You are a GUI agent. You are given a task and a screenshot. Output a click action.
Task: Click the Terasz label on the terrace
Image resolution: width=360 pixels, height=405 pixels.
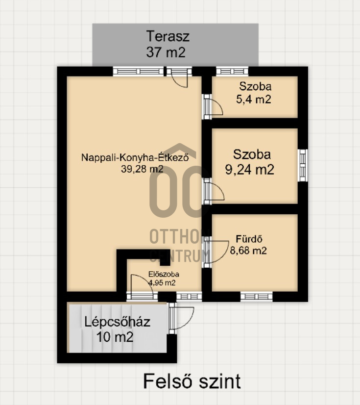(x=168, y=36)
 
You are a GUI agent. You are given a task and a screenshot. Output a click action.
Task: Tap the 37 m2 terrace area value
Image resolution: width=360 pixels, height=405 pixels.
(x=166, y=52)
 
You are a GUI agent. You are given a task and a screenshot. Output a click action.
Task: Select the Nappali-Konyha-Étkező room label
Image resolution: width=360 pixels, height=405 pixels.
(x=135, y=157)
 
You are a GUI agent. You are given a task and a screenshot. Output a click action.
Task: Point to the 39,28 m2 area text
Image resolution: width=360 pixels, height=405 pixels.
(x=142, y=169)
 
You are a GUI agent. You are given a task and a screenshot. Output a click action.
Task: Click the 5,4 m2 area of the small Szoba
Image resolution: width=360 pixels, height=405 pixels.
(x=254, y=100)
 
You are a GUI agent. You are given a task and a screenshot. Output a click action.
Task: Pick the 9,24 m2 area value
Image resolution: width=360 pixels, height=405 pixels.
(x=249, y=170)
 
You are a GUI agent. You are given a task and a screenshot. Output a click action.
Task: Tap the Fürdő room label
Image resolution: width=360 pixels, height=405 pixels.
(x=249, y=239)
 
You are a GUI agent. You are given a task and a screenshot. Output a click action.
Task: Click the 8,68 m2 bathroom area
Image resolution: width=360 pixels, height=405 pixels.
(x=248, y=251)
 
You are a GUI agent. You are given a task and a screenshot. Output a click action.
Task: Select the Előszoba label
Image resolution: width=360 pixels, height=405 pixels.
(x=164, y=274)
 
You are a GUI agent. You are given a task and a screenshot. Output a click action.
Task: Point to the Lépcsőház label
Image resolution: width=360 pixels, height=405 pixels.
(x=118, y=322)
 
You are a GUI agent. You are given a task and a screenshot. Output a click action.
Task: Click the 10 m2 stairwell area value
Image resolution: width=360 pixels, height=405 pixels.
(x=115, y=337)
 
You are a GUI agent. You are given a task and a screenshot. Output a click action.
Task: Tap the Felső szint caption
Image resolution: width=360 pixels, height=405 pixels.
(x=192, y=381)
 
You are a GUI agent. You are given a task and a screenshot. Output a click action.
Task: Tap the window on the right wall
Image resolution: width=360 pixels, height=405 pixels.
(x=303, y=165)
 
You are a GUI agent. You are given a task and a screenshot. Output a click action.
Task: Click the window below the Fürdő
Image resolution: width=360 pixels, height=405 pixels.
(x=257, y=296)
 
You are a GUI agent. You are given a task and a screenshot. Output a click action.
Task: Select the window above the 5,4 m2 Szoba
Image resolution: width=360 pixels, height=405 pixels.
(x=232, y=71)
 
